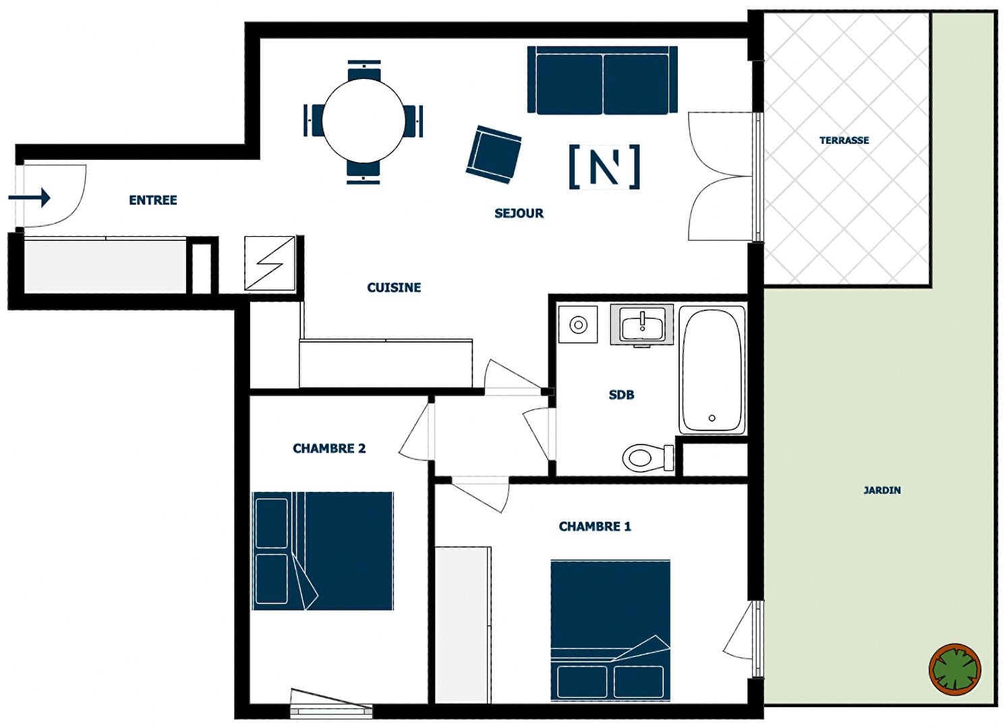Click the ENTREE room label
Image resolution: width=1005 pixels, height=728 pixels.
153,200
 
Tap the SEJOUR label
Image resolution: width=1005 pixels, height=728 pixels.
519,213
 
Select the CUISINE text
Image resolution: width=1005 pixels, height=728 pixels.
394,287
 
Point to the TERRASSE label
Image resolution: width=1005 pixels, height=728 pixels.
844,140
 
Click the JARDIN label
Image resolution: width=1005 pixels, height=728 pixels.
882,490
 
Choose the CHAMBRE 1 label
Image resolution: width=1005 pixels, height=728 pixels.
595,526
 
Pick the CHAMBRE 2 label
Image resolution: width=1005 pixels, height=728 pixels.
329,449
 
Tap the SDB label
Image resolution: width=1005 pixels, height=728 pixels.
621,395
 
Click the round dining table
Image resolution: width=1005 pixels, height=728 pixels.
364,121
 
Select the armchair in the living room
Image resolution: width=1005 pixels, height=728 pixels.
494,155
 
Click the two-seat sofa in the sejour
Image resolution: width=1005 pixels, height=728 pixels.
602,80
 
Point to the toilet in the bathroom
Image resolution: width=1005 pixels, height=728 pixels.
648,458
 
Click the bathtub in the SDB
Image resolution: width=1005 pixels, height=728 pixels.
712,370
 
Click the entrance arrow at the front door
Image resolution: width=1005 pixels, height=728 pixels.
29,198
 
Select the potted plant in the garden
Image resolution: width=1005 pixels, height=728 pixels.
955,669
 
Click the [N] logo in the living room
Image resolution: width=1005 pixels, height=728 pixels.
604,167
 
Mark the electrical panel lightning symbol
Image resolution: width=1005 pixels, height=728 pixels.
270,263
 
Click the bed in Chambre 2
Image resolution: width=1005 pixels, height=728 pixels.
323,551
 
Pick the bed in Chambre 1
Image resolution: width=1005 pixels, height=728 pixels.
610,630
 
